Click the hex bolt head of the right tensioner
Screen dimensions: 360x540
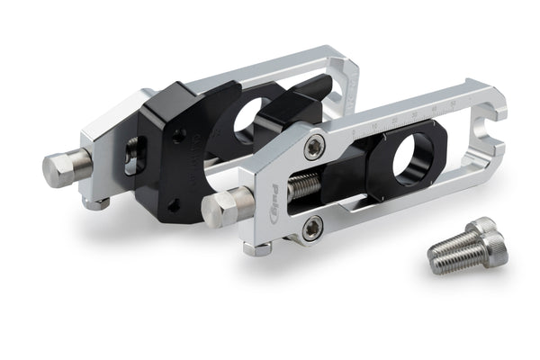pos(219,210)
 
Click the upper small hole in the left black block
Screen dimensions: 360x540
pos(180,135)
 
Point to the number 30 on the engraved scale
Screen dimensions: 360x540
pos(414,115)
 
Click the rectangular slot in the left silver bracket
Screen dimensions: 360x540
pos(131,156)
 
